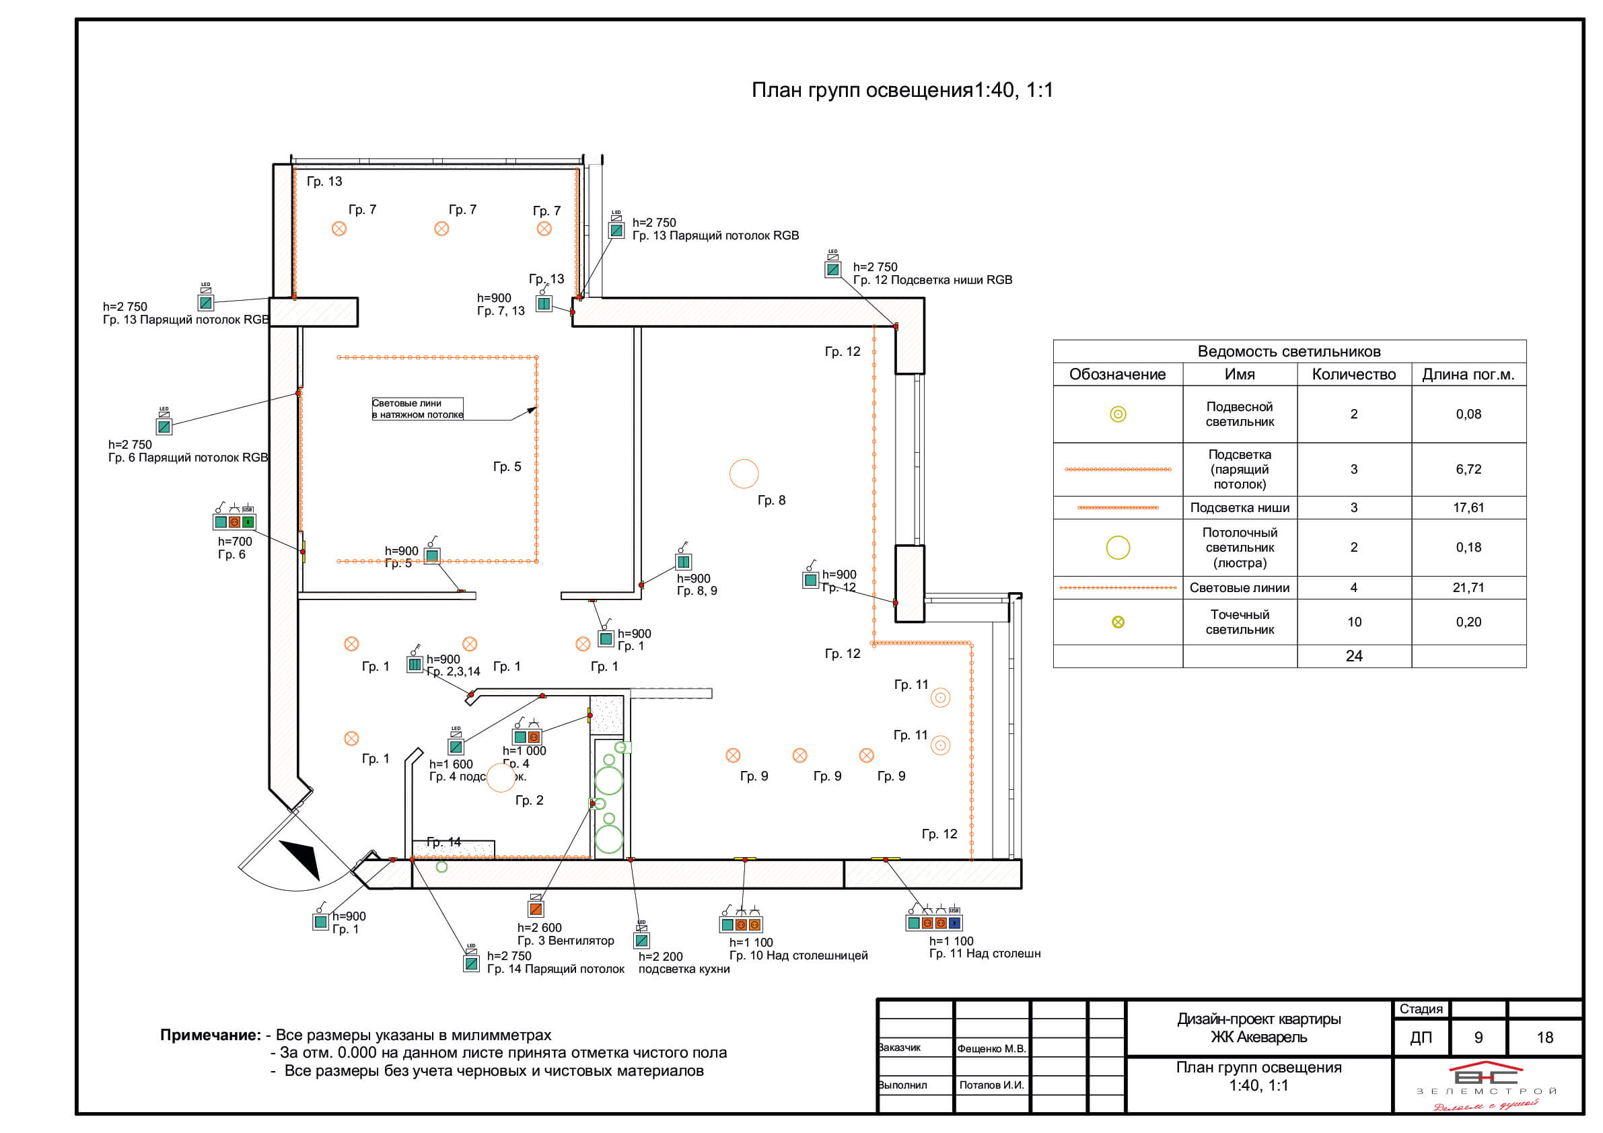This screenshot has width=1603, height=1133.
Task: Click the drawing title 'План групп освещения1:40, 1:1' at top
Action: [x=901, y=90]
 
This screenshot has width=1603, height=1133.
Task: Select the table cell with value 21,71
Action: [x=1468, y=587]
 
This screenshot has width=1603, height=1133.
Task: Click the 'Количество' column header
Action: [x=1353, y=374]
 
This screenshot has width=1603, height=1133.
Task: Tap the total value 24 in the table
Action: [x=1353, y=655]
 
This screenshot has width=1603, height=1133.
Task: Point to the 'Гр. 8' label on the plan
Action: [x=771, y=500]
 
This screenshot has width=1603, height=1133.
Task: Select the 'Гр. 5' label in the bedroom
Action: [x=507, y=466]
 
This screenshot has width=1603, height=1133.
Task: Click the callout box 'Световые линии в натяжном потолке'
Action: [x=417, y=408]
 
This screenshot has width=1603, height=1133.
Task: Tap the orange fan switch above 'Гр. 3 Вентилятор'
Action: [x=536, y=908]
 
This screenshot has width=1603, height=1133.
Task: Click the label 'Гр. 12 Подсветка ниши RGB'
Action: [x=932, y=280]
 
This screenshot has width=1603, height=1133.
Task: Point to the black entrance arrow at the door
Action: [x=301, y=857]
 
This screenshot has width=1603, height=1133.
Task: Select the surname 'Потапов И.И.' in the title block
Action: [x=991, y=1085]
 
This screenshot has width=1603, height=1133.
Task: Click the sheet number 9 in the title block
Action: [x=1478, y=1037]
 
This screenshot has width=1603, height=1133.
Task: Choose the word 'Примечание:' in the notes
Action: [x=210, y=1035]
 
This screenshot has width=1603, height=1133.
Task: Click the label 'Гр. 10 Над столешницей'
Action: [x=798, y=955]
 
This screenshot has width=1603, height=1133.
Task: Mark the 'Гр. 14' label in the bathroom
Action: [x=443, y=842]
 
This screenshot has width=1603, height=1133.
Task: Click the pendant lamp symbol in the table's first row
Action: [x=1117, y=414]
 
